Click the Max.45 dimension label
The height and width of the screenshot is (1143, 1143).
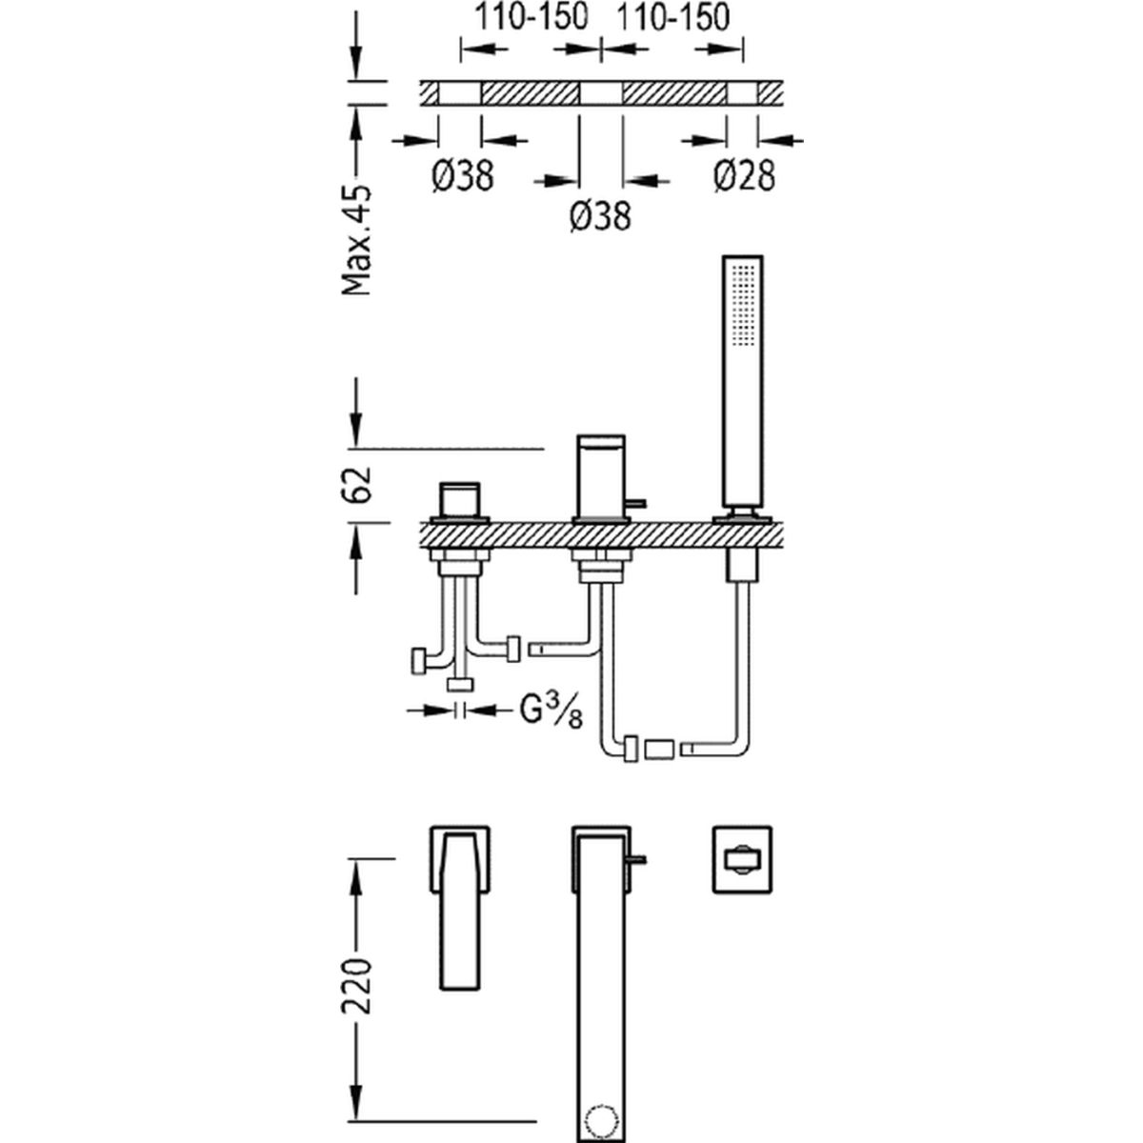[356, 240]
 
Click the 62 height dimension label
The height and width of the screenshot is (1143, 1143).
[356, 485]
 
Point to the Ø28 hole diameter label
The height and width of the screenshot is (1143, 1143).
[745, 176]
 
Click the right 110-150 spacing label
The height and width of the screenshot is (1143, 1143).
[673, 17]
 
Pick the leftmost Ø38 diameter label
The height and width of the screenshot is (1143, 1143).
[463, 176]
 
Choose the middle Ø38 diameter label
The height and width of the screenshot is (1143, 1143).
[600, 216]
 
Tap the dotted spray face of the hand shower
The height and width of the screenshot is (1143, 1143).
[744, 304]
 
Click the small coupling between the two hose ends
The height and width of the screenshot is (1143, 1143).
[659, 750]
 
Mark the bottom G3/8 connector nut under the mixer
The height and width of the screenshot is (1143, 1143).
[460, 686]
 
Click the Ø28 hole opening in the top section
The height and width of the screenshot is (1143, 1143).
[743, 93]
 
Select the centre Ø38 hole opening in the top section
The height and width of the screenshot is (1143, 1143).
[600, 93]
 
